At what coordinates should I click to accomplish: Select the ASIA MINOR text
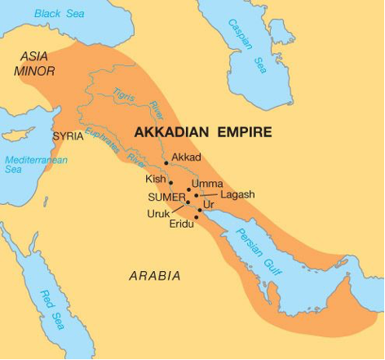click(35, 64)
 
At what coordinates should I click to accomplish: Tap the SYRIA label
click(68, 136)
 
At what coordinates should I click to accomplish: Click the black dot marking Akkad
click(166, 163)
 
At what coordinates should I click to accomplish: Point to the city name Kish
click(156, 179)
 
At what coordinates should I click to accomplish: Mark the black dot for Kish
click(170, 182)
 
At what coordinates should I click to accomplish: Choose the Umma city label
click(206, 184)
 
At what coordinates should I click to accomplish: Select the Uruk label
click(159, 214)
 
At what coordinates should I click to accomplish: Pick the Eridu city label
click(181, 224)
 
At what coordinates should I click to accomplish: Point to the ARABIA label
click(155, 276)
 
